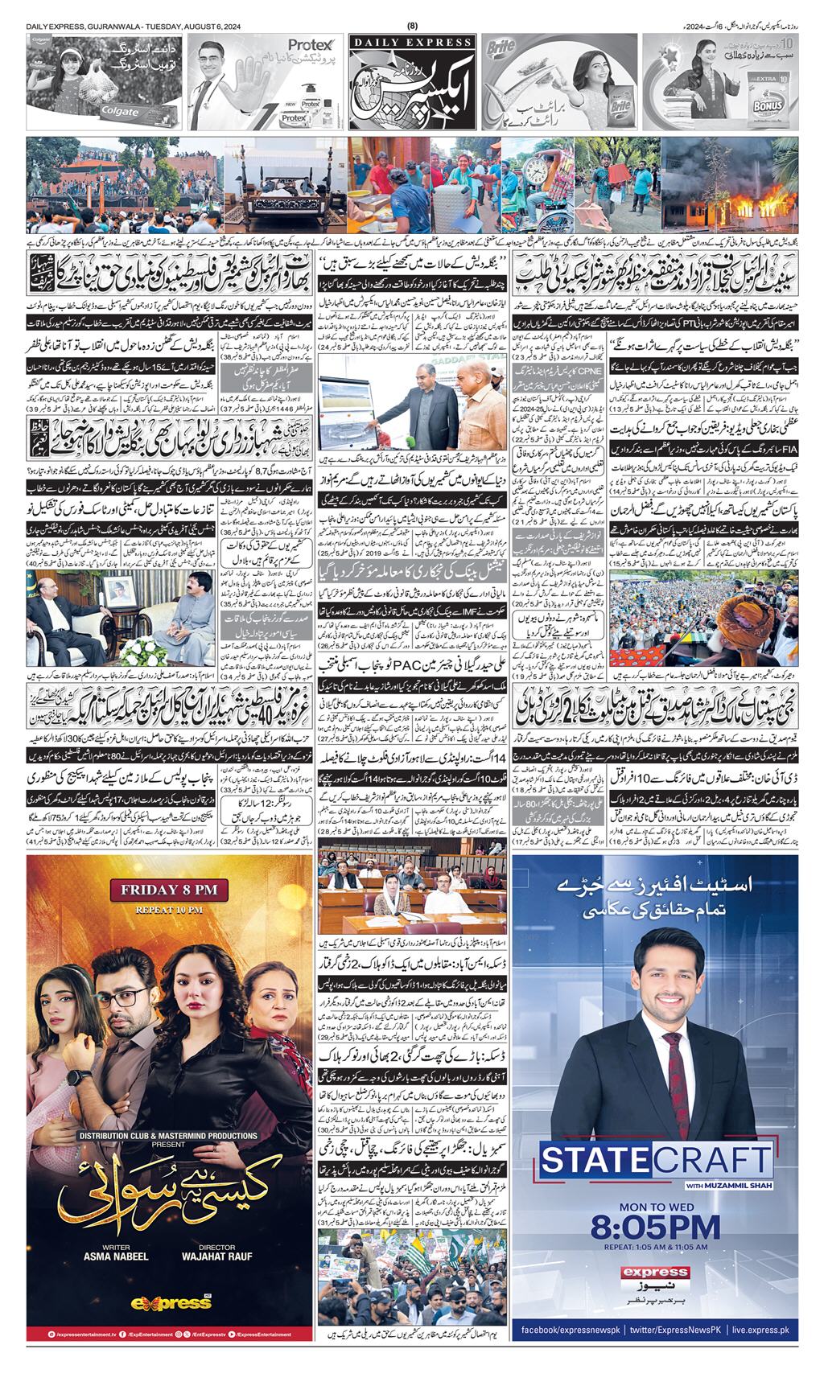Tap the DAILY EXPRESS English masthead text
[x=412, y=42]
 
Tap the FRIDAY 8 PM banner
[x=170, y=890]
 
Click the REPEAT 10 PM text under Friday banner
[x=170, y=909]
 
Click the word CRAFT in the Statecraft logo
[x=709, y=1161]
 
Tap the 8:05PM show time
[x=655, y=1227]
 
